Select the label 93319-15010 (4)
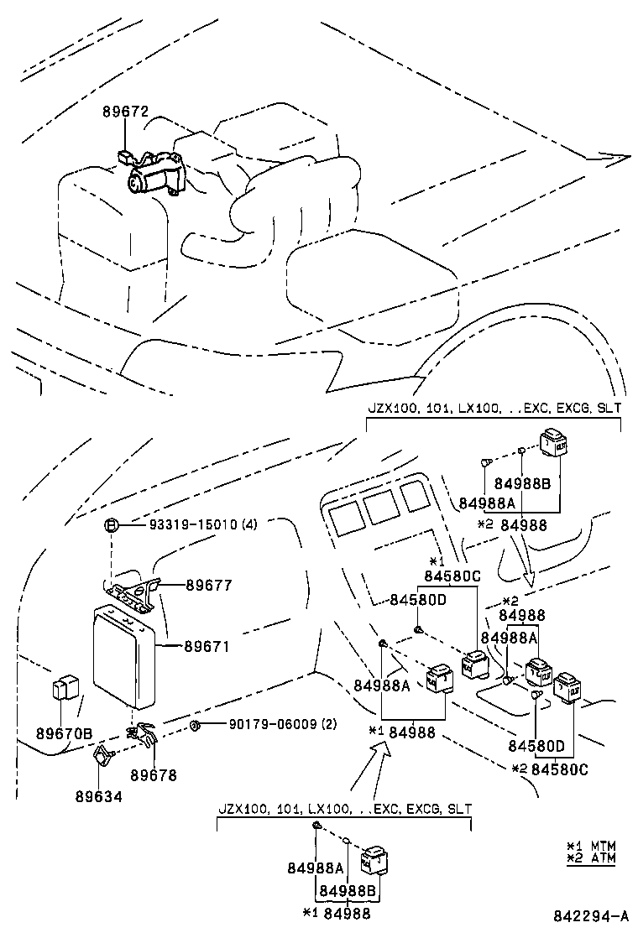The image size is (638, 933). pyautogui.click(x=203, y=525)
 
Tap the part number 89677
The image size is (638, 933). pyautogui.click(x=208, y=585)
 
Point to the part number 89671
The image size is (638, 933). pyautogui.click(x=207, y=647)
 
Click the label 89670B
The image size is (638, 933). pyautogui.click(x=64, y=732)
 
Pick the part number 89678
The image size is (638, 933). pyautogui.click(x=154, y=776)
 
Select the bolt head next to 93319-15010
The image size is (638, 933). pyautogui.click(x=110, y=526)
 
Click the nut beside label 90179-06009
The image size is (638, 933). pyautogui.click(x=194, y=725)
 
